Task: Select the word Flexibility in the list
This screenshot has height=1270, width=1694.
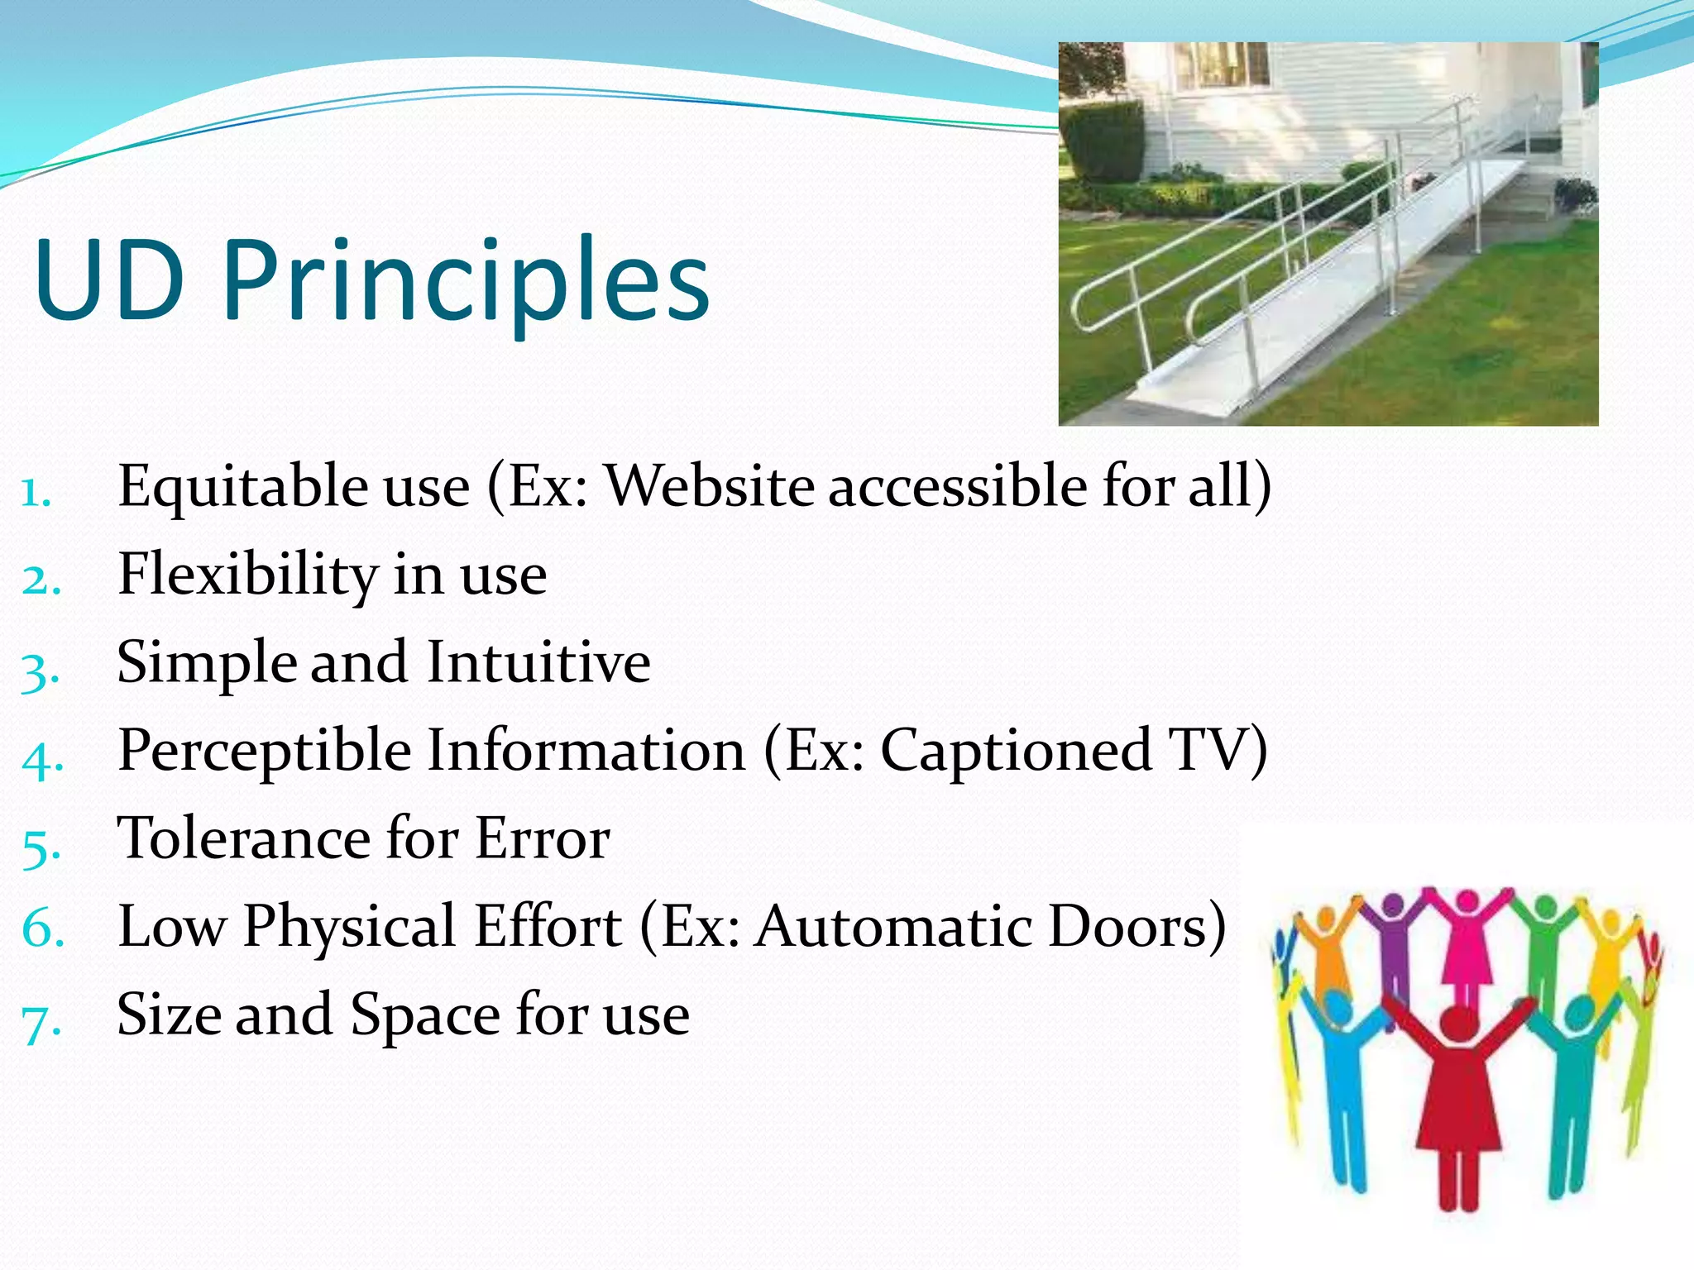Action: pyautogui.click(x=247, y=575)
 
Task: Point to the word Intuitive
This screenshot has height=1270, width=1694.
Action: pyautogui.click(x=538, y=662)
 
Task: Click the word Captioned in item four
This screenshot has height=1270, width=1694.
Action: pyautogui.click(x=1015, y=751)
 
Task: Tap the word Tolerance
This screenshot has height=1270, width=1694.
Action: pyautogui.click(x=245, y=838)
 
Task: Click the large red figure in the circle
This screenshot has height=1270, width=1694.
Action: pyautogui.click(x=1458, y=1091)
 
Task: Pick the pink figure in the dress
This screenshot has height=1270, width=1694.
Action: pyautogui.click(x=1467, y=943)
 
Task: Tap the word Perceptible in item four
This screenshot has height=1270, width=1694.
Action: pyautogui.click(x=265, y=751)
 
